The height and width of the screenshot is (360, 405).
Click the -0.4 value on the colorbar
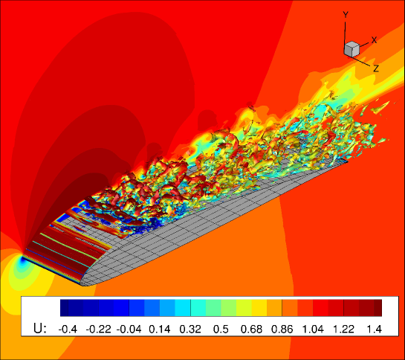(68, 330)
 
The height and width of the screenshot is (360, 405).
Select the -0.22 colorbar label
(98, 330)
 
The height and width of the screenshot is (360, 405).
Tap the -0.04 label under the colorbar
(129, 330)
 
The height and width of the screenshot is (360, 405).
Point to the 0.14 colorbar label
(160, 330)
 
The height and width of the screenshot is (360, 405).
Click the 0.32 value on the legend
(190, 330)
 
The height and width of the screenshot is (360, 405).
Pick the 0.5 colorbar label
(221, 330)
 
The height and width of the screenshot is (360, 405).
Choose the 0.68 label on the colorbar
(251, 330)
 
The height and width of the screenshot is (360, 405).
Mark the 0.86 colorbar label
(282, 330)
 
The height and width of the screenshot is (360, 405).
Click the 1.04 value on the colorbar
(313, 330)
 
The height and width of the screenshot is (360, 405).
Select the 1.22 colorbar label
(343, 330)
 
